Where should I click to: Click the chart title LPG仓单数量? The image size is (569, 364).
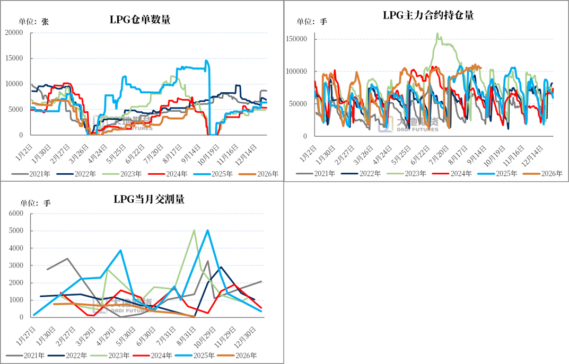point(140,20)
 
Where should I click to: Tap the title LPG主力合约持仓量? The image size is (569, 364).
point(428,15)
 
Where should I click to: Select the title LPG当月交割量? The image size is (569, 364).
point(149,199)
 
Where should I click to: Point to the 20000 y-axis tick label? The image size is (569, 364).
point(14,33)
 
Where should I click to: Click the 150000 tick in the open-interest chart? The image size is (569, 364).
point(296,39)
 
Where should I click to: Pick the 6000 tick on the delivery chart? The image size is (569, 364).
point(16,213)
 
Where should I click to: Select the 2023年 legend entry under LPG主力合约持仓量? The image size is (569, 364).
point(406,174)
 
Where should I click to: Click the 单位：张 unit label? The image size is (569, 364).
point(33,22)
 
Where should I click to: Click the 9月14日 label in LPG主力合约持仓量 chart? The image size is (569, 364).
point(477,154)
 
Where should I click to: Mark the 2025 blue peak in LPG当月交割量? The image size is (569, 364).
point(207,230)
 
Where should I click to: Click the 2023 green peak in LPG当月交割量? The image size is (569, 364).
point(195,230)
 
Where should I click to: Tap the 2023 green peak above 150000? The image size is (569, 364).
point(437,33)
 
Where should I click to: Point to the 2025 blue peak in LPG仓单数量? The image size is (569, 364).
point(206,60)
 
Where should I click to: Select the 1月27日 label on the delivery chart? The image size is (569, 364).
point(26,336)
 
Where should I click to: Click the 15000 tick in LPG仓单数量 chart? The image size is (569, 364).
point(14,58)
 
